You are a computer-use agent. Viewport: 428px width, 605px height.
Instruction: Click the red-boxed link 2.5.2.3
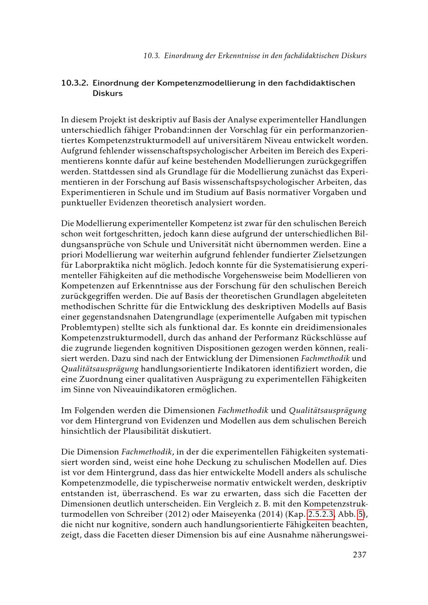point(321,514)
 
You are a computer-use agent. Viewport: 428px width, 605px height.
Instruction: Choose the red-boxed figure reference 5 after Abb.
point(360,514)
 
